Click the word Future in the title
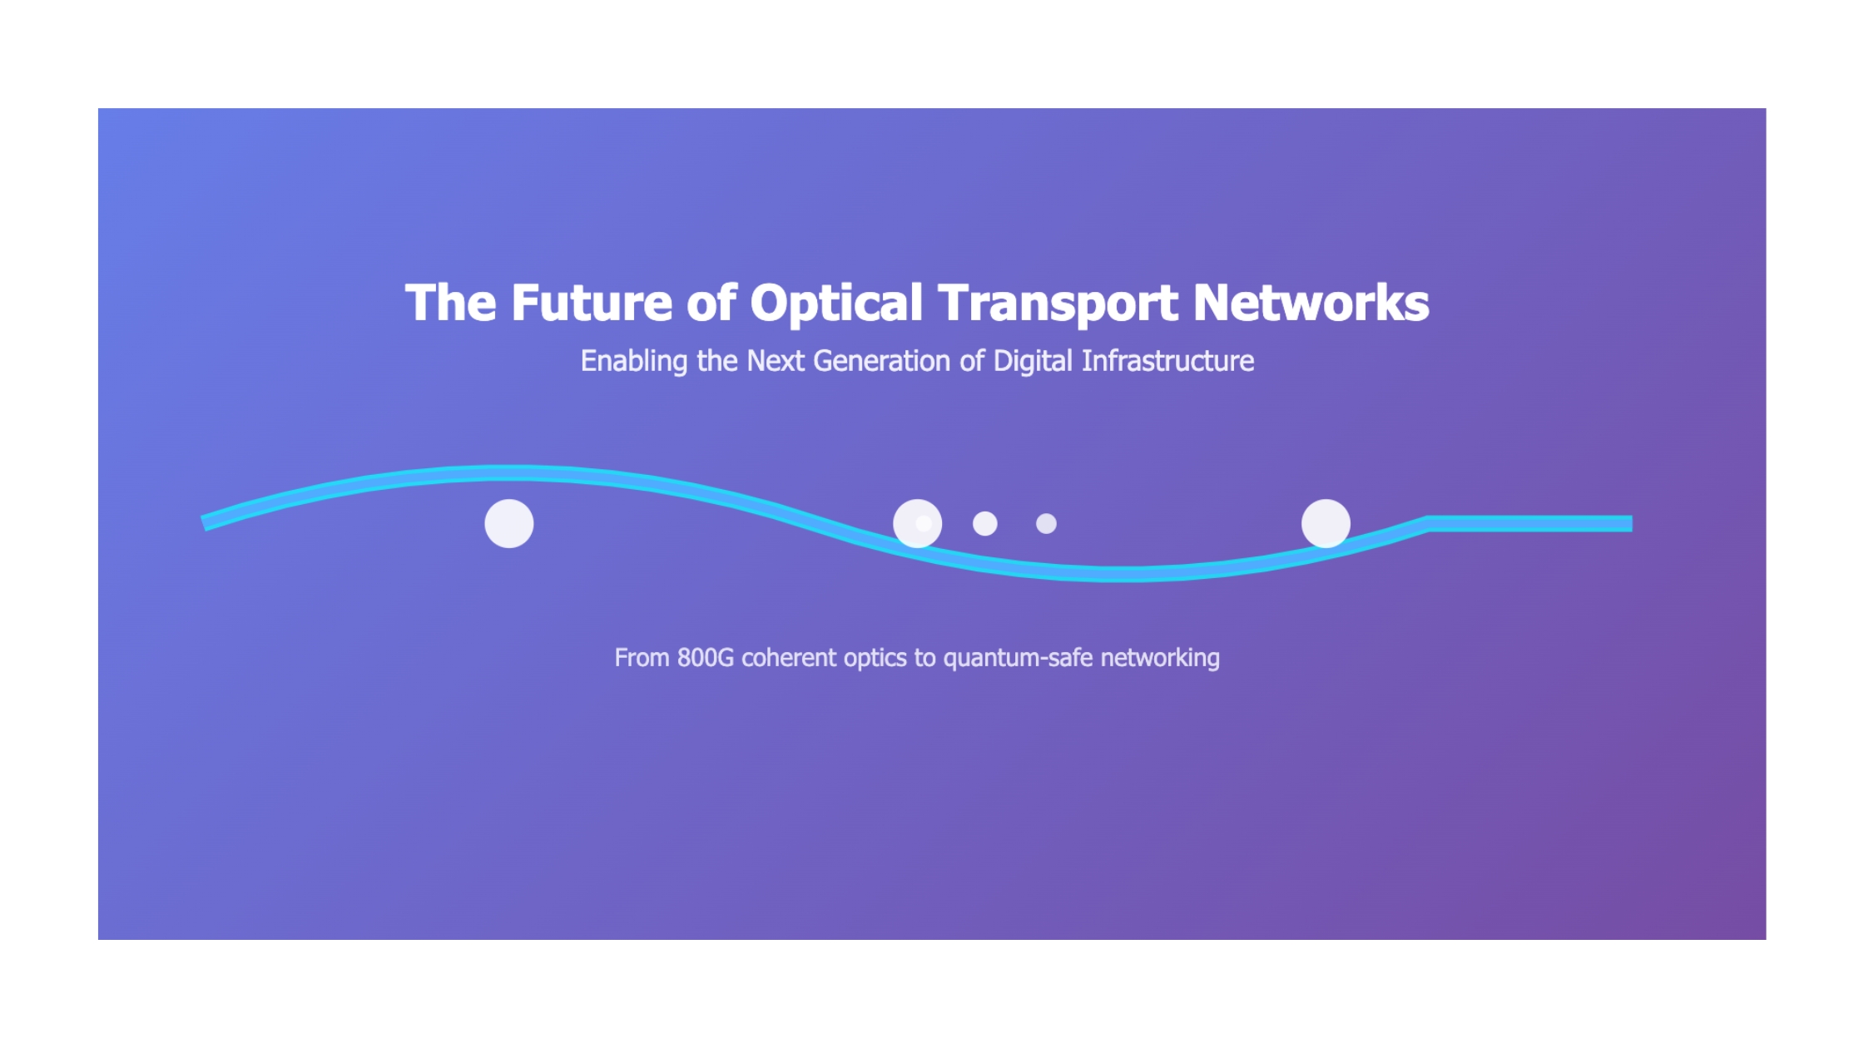click(592, 302)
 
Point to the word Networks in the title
click(1311, 302)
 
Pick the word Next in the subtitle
click(776, 361)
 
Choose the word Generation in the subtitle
click(882, 361)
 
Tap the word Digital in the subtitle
click(1033, 362)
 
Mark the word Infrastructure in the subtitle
click(1167, 361)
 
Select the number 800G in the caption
click(706, 658)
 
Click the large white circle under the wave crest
click(509, 524)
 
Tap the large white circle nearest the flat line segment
click(1326, 524)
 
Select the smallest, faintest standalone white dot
click(1046, 524)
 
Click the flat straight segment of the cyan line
click(1530, 524)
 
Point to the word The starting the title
click(451, 302)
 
